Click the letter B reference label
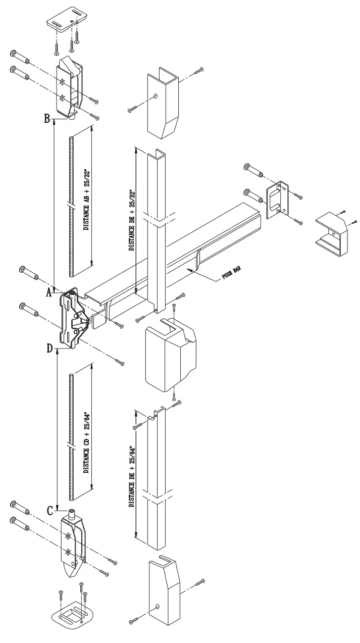(46, 119)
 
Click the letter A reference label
(49, 292)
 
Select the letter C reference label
(50, 511)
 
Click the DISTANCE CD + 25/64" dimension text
(86, 429)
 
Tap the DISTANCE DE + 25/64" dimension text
(131, 477)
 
